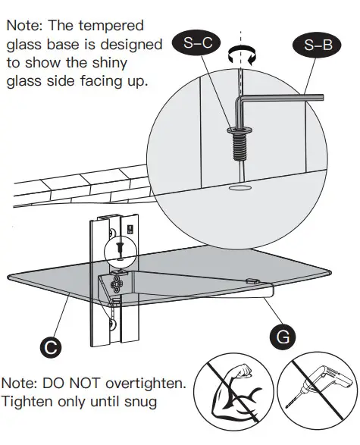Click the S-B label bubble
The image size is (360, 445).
point(318,45)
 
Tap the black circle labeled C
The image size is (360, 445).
point(50,349)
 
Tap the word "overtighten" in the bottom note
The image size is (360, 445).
point(145,383)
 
